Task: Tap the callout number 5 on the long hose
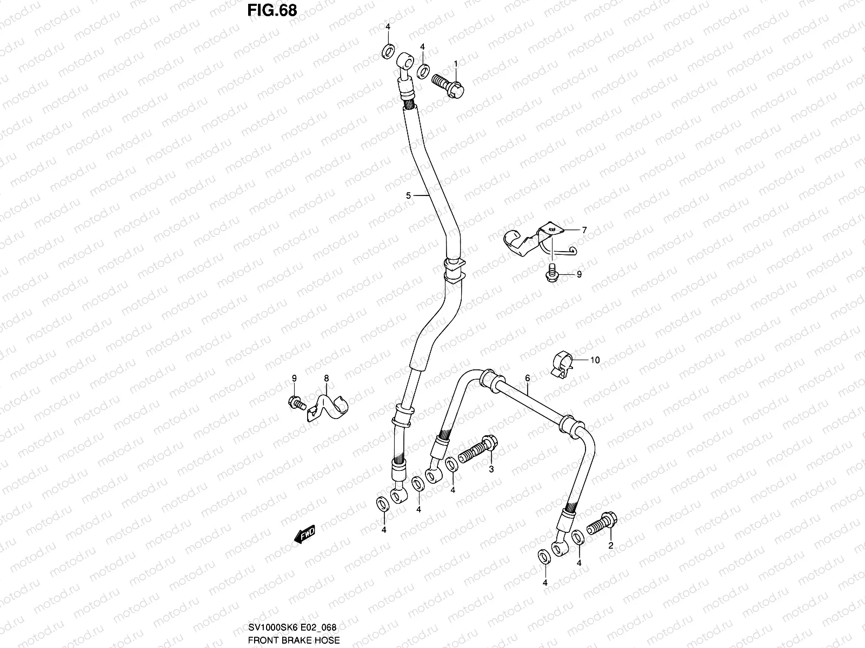click(x=409, y=196)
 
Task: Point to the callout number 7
click(x=584, y=230)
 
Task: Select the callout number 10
click(x=595, y=360)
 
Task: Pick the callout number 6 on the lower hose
click(x=527, y=379)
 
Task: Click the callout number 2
click(x=610, y=545)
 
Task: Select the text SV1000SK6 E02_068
click(x=292, y=627)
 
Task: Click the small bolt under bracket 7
click(x=551, y=273)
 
